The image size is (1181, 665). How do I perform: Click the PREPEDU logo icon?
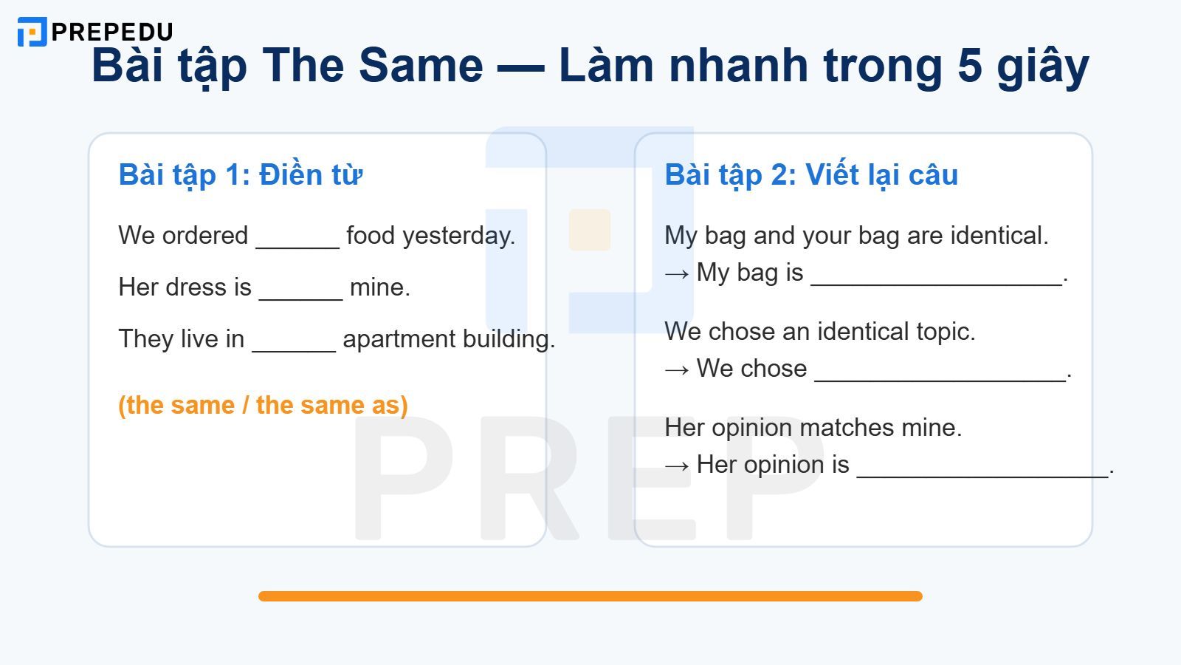(x=32, y=32)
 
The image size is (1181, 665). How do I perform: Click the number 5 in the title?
(x=969, y=65)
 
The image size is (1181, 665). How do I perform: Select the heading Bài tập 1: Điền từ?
(x=240, y=175)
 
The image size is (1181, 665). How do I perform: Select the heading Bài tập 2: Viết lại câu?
(x=810, y=175)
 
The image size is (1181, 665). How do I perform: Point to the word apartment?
(x=399, y=339)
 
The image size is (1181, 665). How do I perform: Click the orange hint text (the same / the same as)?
(x=263, y=405)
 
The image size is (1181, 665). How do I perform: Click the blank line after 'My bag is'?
(x=936, y=279)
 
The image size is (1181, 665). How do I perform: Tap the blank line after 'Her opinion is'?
(x=982, y=471)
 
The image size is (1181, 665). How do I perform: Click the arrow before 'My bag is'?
(x=677, y=273)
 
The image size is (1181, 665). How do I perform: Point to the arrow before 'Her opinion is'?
(x=677, y=465)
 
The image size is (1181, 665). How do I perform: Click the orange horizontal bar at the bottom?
(x=590, y=596)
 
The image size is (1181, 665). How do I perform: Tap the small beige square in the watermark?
(x=589, y=230)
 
